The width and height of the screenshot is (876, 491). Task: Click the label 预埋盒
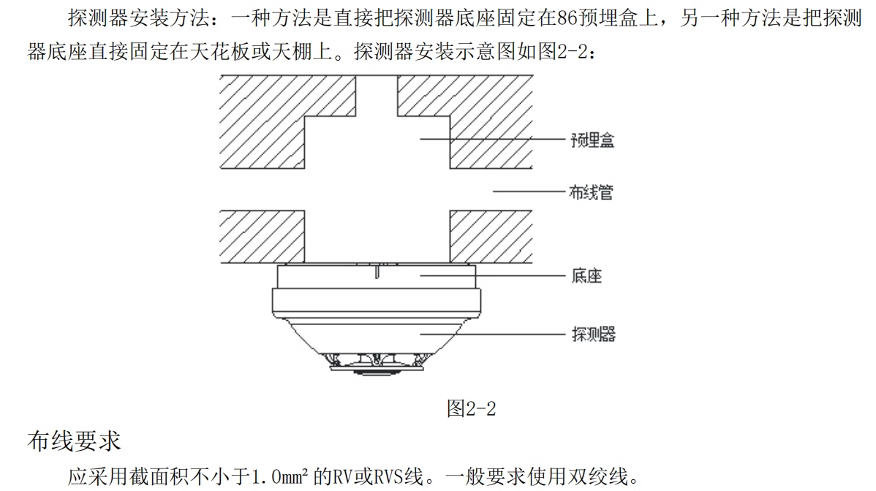(592, 140)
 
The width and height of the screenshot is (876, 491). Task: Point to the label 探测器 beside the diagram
(592, 334)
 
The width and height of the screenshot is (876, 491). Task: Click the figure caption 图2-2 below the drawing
(471, 409)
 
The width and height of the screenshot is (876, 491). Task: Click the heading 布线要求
(74, 442)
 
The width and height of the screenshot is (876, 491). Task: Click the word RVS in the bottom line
(401, 478)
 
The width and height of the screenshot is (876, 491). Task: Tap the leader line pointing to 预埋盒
(497, 139)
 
